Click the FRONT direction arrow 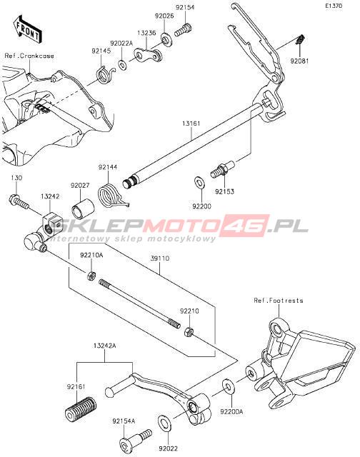[x=27, y=30]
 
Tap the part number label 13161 [x=191, y=124]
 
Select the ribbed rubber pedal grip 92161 [x=81, y=408]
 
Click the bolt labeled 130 [x=18, y=201]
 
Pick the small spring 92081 [x=300, y=39]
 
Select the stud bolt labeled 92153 [x=222, y=169]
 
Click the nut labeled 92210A [x=91, y=275]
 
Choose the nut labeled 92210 [x=189, y=331]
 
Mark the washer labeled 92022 [x=165, y=423]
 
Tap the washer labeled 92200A [x=227, y=386]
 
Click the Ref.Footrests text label [x=279, y=301]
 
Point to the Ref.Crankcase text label [x=29, y=56]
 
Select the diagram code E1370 [x=334, y=6]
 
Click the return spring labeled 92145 [x=106, y=75]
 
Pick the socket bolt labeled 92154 [x=184, y=30]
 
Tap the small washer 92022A [x=122, y=64]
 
